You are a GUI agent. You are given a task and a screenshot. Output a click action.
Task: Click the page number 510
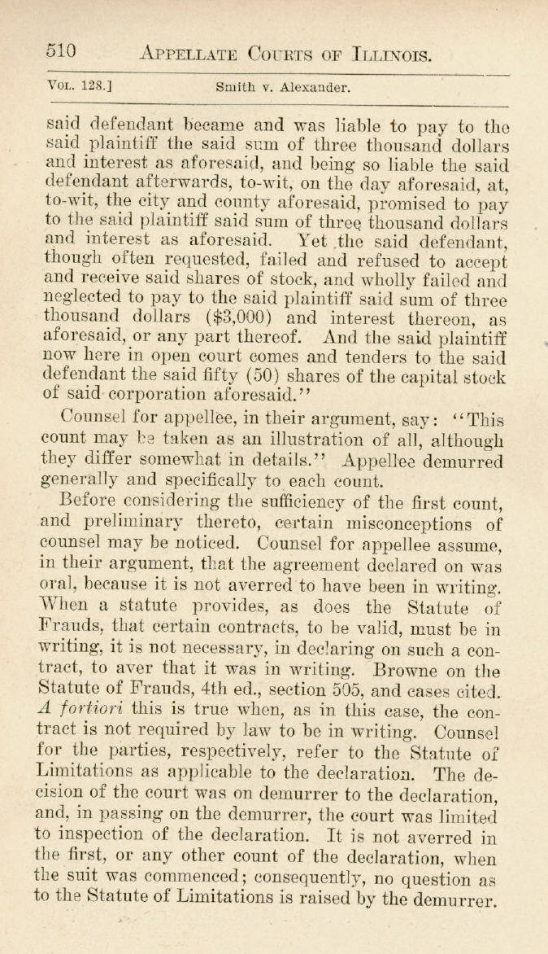[x=61, y=51]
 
